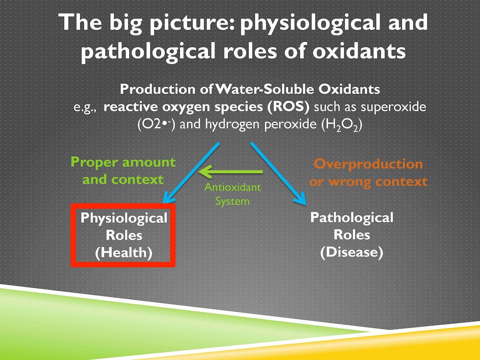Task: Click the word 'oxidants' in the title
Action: coord(359,51)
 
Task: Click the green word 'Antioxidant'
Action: coord(232,187)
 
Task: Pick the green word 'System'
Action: coord(232,201)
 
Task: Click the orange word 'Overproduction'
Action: coord(368,164)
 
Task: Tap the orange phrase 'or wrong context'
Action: coord(368,181)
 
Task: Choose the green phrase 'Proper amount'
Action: coord(123,162)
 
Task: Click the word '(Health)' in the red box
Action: coord(124,253)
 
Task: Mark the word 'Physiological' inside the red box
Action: coord(124,218)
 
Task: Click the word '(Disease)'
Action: coord(351,252)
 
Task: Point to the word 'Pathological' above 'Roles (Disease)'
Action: coord(351,218)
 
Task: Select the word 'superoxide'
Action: coord(393,107)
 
